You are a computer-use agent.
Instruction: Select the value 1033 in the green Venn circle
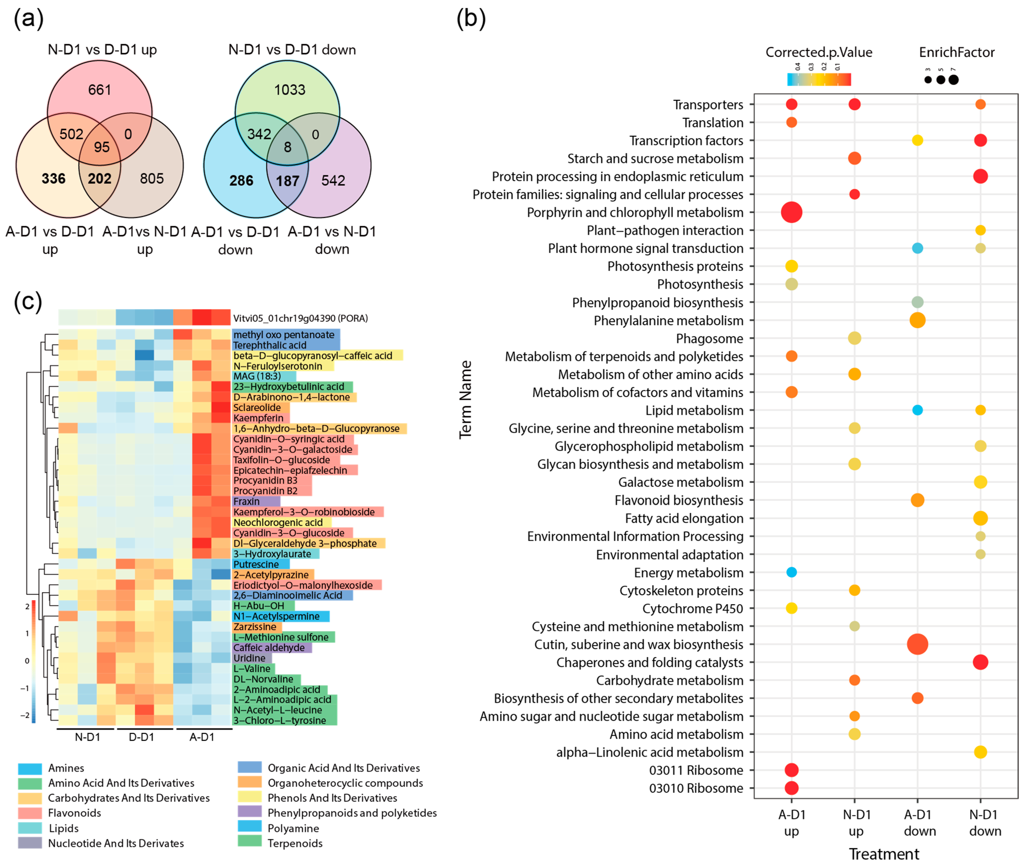(x=289, y=90)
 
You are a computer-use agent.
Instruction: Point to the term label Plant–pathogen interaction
(x=665, y=231)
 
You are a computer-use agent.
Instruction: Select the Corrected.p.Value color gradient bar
(x=819, y=80)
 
